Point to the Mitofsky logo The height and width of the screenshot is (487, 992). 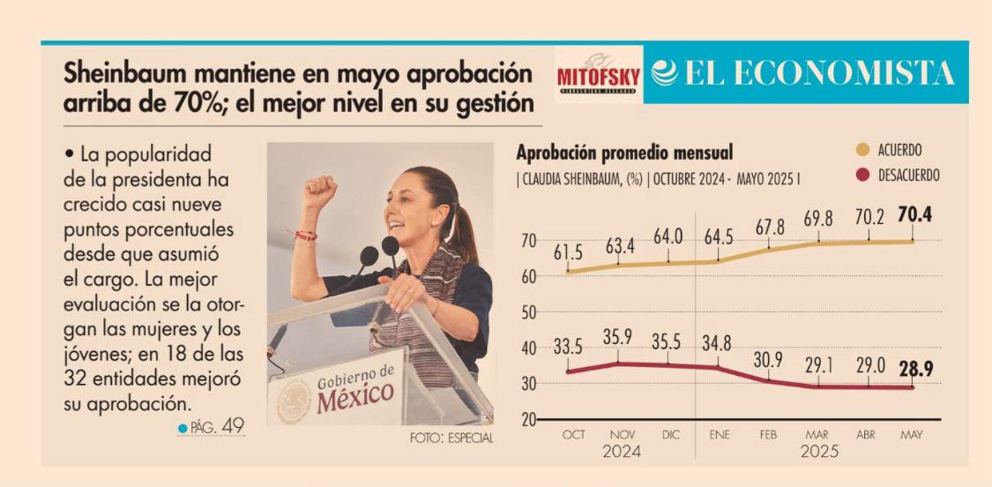tap(598, 74)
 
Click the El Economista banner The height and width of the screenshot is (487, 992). tap(804, 74)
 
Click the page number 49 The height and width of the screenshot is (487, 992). tap(233, 428)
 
